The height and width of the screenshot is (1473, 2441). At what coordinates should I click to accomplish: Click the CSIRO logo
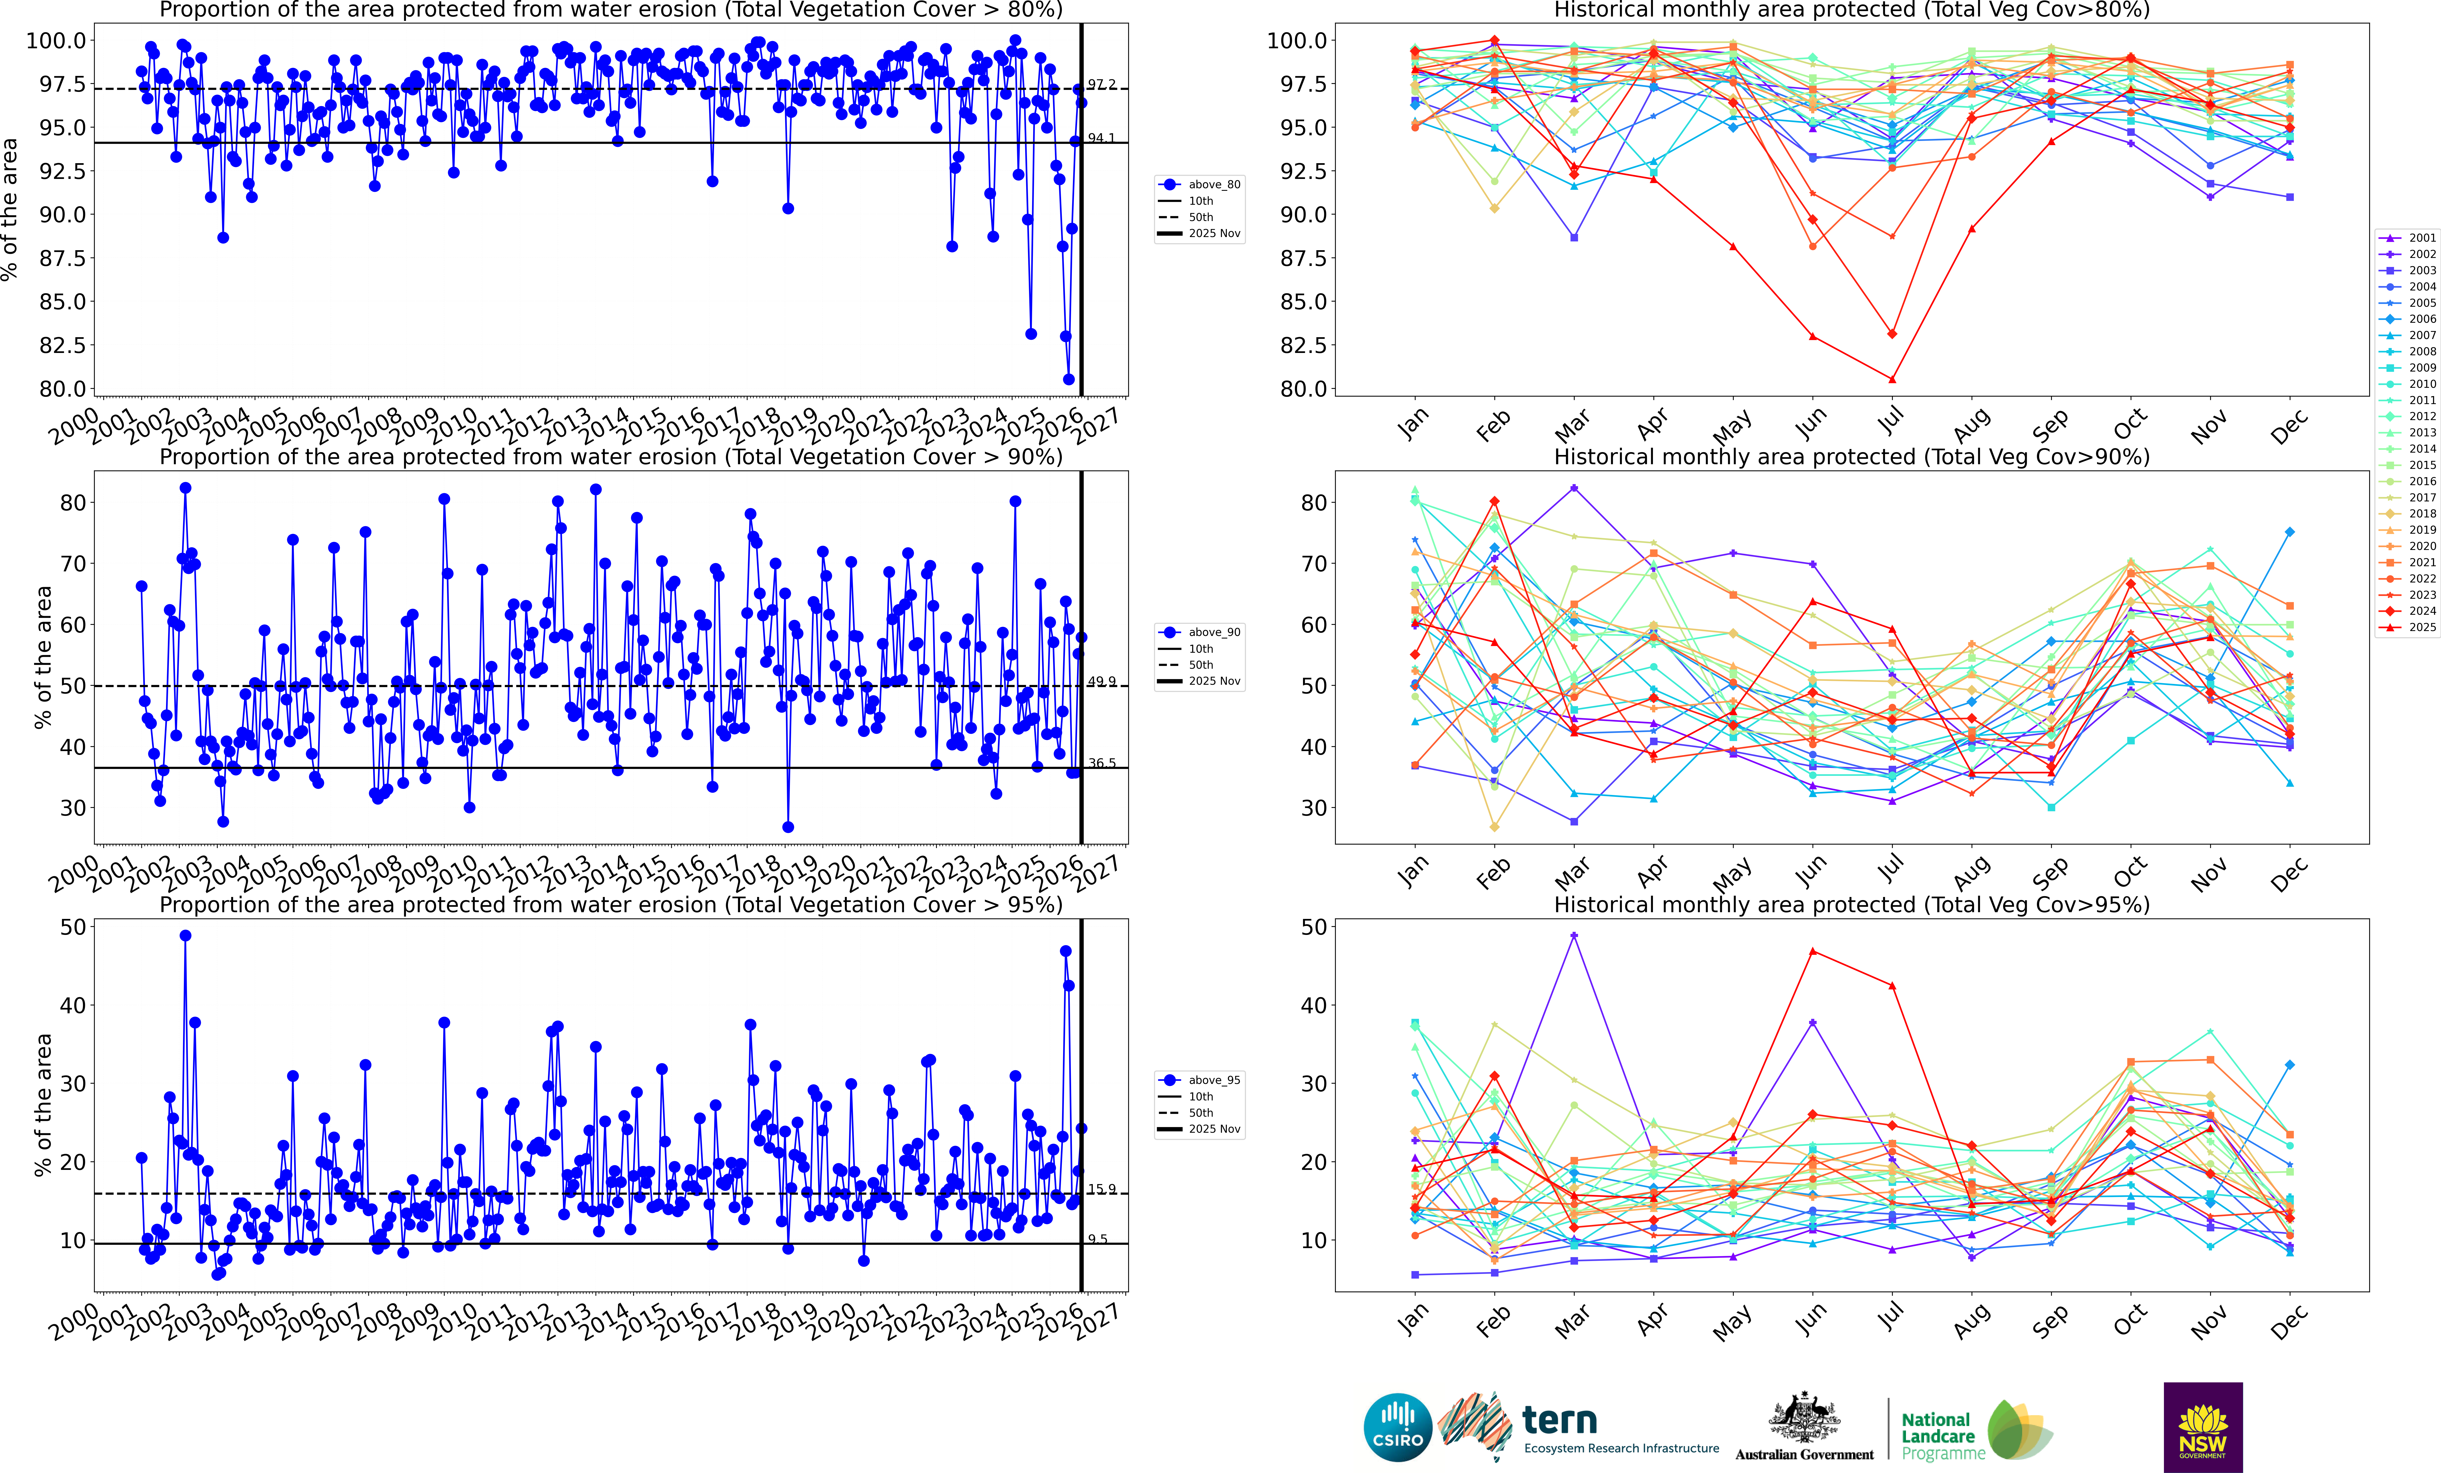[x=1397, y=1428]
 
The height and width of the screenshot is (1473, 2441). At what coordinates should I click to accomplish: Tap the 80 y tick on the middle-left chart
[x=73, y=502]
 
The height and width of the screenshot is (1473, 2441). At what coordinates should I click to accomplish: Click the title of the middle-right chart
[x=1851, y=457]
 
